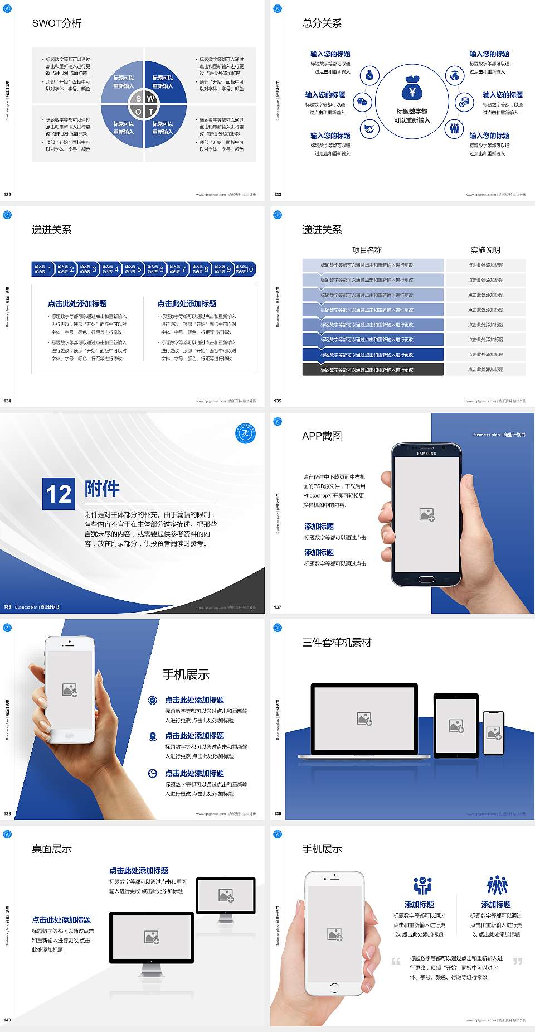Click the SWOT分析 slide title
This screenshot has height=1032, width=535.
[57, 23]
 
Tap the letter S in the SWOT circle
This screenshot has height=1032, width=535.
[139, 99]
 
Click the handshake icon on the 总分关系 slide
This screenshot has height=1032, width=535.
[369, 129]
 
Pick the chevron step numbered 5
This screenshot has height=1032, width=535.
[133, 269]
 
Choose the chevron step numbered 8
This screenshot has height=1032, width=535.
[200, 269]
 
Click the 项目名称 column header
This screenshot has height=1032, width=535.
[367, 250]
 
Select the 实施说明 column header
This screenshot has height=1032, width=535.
[485, 250]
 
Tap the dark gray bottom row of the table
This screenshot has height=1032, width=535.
[373, 369]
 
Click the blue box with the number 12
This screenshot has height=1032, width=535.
[59, 494]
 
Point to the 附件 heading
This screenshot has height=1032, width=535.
[102, 489]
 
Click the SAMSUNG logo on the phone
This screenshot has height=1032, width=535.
[426, 454]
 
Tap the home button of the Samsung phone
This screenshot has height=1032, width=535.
[426, 579]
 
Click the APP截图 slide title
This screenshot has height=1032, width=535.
[322, 436]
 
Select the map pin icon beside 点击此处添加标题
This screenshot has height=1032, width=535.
[153, 736]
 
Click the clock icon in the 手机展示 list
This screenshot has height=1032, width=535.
[153, 773]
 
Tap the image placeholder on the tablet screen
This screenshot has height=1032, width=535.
[456, 726]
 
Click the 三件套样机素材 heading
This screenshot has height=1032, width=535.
[337, 643]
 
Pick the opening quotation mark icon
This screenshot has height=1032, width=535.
[396, 961]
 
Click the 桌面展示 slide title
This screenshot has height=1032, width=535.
[52, 849]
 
